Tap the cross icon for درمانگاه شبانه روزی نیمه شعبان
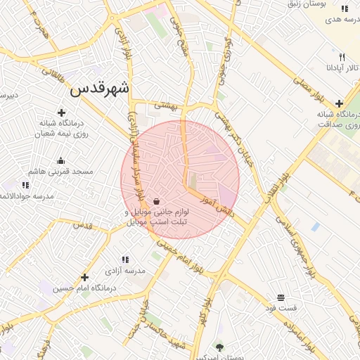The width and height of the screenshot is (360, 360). click(61, 112)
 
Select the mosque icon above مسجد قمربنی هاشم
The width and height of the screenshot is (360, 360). click(60, 160)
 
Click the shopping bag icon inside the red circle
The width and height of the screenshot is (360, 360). click(155, 200)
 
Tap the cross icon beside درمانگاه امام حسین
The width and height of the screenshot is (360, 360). click(85, 278)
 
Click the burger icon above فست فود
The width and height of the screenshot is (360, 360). click(281, 297)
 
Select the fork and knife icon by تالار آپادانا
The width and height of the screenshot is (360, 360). click(342, 57)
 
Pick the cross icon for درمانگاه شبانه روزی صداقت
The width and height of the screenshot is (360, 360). click(339, 103)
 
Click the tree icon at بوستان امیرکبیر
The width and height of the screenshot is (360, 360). click(220, 347)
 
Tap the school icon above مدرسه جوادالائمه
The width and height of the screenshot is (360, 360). click(25, 185)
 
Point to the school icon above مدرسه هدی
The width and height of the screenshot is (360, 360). click(345, 9)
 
